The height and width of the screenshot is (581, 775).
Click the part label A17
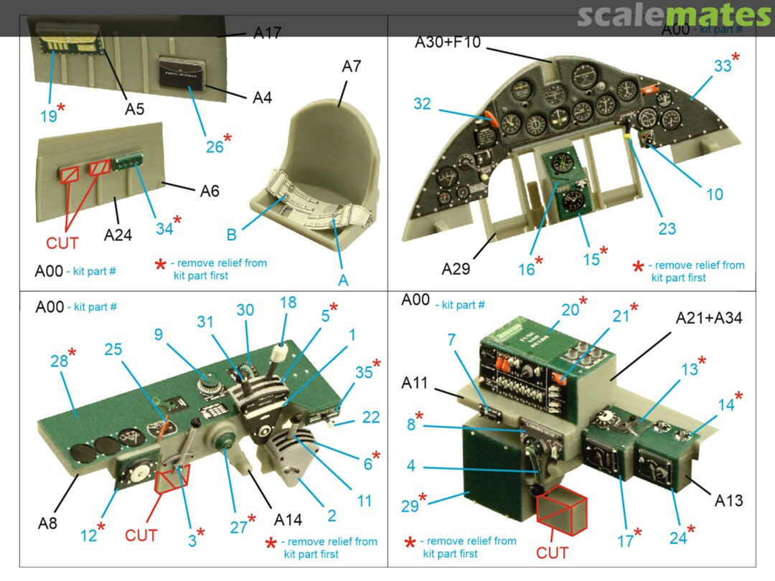tap(266, 33)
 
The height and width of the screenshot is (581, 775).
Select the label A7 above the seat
tap(351, 67)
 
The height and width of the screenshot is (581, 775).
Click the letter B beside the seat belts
tap(232, 235)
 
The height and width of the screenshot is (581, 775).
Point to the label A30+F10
tap(447, 43)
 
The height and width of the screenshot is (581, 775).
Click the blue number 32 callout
tap(422, 104)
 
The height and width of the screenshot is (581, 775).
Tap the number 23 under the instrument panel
tap(667, 229)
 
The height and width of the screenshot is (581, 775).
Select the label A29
tap(456, 269)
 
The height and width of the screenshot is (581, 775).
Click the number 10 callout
tap(714, 194)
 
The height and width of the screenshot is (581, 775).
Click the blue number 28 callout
tap(59, 361)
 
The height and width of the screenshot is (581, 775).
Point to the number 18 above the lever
tap(288, 303)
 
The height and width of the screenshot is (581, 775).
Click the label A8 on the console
tap(47, 523)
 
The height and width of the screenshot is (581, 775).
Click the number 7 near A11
tap(452, 339)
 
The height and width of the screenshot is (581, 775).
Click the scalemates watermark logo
tap(674, 15)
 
